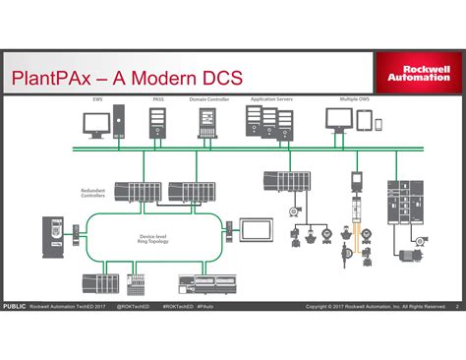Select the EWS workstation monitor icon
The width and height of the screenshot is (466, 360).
pos(97,124)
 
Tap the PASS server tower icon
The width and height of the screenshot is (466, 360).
pos(158,124)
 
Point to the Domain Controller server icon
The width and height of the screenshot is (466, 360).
pos(208,124)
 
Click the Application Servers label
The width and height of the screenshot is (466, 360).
pos(269,99)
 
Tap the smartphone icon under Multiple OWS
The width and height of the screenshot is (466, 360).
pos(377,122)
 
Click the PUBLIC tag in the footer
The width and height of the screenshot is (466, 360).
pos(14,306)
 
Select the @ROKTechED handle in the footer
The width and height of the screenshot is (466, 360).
pos(133,306)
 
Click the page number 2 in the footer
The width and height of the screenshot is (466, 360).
pos(457,306)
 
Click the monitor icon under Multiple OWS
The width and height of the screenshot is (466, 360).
pos(339,121)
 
